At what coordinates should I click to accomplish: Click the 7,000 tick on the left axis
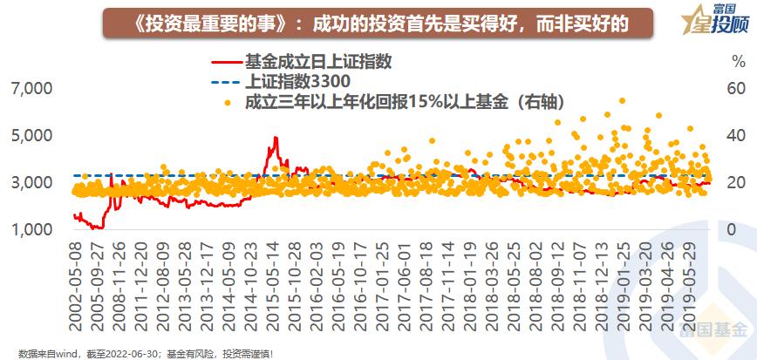[31, 89]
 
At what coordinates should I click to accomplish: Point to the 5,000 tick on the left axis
[31, 136]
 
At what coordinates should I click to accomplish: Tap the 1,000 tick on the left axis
[31, 229]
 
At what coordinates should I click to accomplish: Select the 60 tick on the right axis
[738, 89]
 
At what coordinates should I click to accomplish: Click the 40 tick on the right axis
[738, 136]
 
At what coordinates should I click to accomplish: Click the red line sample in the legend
[226, 63]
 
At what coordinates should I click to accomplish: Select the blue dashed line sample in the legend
[226, 83]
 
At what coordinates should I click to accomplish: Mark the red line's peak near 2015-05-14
[276, 138]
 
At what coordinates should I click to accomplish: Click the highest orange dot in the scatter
[622, 100]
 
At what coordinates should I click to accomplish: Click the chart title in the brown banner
[376, 21]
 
